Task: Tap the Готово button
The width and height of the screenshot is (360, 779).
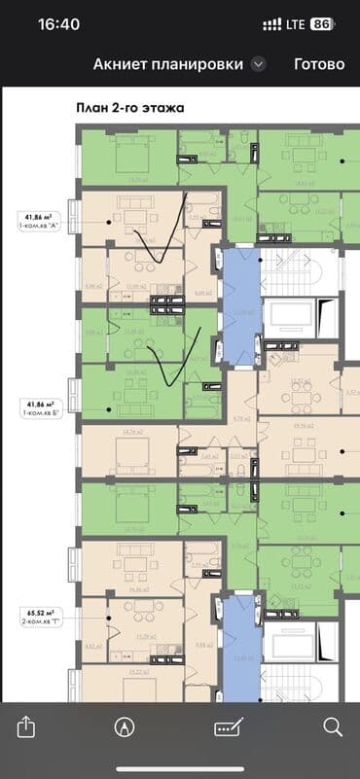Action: coord(319,64)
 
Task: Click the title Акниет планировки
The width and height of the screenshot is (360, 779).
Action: coord(167,64)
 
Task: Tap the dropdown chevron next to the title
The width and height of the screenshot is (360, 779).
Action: coord(258,64)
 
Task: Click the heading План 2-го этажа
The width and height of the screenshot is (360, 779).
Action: coord(129,108)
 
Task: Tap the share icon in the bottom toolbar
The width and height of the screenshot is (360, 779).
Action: coord(27,726)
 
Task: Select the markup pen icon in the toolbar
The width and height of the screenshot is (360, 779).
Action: coord(124,726)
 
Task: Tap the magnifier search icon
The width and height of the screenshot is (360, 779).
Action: coord(332,726)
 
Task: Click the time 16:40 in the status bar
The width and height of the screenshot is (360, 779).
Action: coord(58,24)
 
